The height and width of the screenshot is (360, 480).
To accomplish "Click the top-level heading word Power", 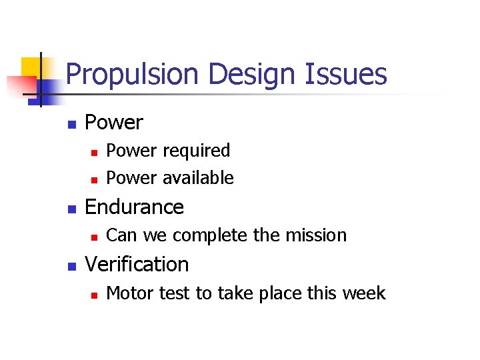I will pos(114,123).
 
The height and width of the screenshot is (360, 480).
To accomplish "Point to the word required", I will pos(197,151).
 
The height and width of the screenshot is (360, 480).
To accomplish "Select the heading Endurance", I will pos(134,207).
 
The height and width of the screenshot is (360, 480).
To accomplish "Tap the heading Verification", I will pos(137,265).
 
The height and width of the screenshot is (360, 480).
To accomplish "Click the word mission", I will pos(317,235).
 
